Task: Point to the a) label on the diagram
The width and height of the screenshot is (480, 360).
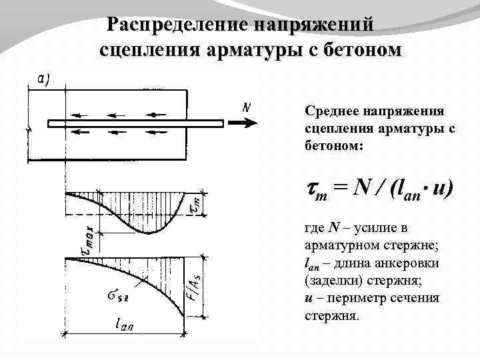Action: pyautogui.click(x=41, y=78)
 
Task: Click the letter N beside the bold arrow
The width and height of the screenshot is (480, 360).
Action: pyautogui.click(x=247, y=107)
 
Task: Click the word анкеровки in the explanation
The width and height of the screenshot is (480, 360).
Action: pyautogui.click(x=406, y=263)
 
